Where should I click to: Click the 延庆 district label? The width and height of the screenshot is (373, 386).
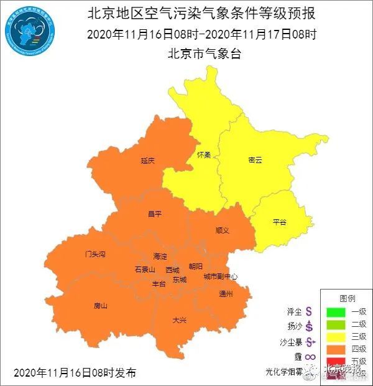click(147, 160)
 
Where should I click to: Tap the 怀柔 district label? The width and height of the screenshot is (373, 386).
click(203, 154)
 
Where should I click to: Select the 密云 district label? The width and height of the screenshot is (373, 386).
click(255, 160)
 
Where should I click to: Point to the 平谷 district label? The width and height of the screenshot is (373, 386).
click(279, 222)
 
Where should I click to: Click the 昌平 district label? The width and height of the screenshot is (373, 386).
click(154, 214)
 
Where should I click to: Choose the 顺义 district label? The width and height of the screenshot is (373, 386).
click(223, 230)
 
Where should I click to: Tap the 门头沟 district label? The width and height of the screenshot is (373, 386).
click(95, 255)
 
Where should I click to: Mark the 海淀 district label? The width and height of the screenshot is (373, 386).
click(160, 257)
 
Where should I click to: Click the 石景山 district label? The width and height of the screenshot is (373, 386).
click(145, 270)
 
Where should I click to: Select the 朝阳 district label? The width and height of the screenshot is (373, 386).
click(195, 266)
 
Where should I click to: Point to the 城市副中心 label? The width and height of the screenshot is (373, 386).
click(221, 276)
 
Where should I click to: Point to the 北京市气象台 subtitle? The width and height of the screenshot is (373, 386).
click(204, 54)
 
